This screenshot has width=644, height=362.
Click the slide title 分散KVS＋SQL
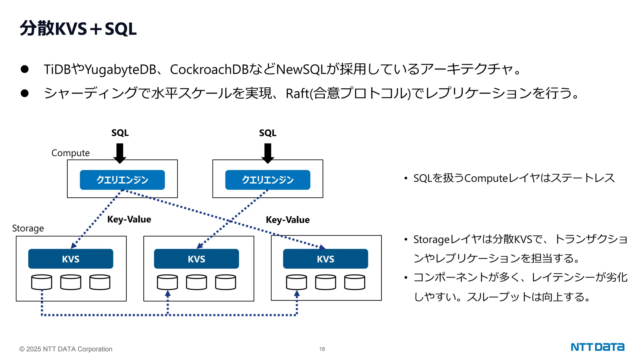(78, 29)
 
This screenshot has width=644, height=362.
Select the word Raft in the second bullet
(297, 94)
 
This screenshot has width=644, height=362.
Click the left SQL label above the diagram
(120, 133)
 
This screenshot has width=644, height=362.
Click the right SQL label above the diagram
(268, 133)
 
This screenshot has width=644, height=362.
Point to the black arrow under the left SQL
(120, 153)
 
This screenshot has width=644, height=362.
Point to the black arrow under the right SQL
(268, 153)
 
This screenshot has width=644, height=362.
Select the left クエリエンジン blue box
(122, 180)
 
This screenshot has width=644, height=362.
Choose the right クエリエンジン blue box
(268, 180)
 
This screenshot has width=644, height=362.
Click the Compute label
(70, 153)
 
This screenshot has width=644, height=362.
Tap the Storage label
(28, 228)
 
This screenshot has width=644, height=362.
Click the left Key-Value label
(129, 219)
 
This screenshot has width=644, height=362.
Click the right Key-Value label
(287, 220)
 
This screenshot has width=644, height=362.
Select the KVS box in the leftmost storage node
(71, 259)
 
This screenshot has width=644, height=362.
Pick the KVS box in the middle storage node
(197, 259)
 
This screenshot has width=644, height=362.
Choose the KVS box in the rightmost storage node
(325, 259)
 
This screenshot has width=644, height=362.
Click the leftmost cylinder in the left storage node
(42, 282)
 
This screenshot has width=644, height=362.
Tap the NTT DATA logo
(597, 347)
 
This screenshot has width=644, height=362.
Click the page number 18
(322, 349)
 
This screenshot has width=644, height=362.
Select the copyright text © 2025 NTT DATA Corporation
(66, 349)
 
